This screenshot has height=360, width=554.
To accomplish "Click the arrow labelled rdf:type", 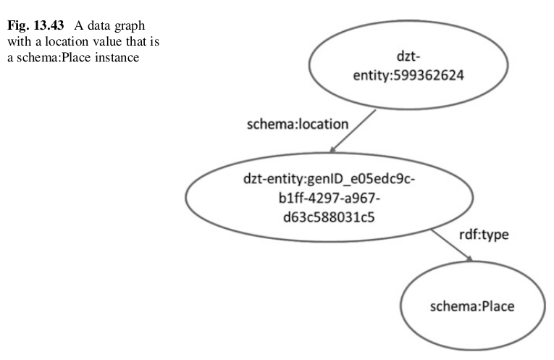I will pyautogui.click(x=454, y=246).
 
